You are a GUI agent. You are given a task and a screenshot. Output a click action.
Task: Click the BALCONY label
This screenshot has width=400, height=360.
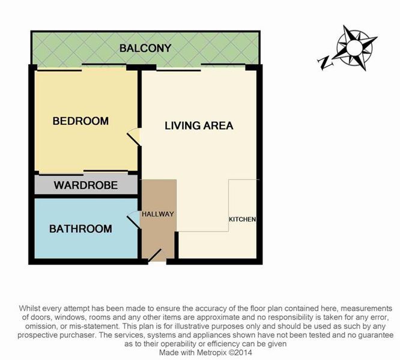(145, 48)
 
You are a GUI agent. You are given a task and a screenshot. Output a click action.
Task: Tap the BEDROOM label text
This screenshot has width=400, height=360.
(80, 121)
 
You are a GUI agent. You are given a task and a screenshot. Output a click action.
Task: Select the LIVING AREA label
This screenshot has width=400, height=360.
(199, 125)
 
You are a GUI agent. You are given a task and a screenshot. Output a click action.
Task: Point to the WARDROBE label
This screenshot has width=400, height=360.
(86, 185)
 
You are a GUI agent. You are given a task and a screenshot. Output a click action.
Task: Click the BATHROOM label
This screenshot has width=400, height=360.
(80, 229)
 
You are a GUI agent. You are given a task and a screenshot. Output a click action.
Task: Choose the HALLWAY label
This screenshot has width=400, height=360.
(158, 214)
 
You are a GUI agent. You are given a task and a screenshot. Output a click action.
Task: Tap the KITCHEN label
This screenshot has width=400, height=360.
(243, 219)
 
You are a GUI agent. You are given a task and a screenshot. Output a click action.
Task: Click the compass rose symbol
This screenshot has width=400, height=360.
(354, 47)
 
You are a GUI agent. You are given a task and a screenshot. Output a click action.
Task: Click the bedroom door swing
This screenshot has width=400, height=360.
(133, 137)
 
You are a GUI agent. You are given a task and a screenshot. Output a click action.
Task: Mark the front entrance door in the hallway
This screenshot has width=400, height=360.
(154, 255)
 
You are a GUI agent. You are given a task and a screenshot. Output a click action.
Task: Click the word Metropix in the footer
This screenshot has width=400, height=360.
(212, 353)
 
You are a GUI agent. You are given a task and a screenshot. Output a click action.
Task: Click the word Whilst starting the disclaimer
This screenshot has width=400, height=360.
(29, 308)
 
